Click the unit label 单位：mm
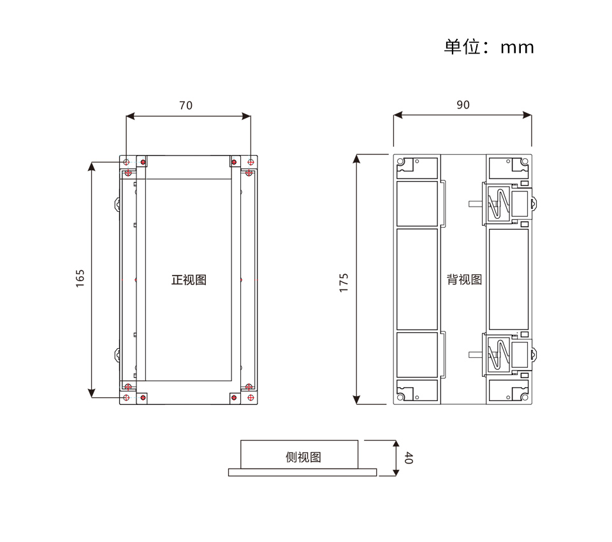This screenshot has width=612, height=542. [489, 47]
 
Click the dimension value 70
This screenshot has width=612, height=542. [186, 106]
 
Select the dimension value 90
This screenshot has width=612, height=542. [463, 105]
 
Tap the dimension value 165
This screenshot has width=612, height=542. [80, 279]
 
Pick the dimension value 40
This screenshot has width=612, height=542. [409, 458]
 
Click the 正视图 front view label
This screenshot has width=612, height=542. [189, 280]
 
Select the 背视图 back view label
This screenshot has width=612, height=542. [464, 280]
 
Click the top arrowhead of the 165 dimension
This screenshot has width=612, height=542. [93, 166]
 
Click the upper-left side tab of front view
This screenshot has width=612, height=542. [118, 205]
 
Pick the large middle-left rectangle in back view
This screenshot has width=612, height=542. [418, 279]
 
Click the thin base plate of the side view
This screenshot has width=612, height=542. [302, 472]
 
